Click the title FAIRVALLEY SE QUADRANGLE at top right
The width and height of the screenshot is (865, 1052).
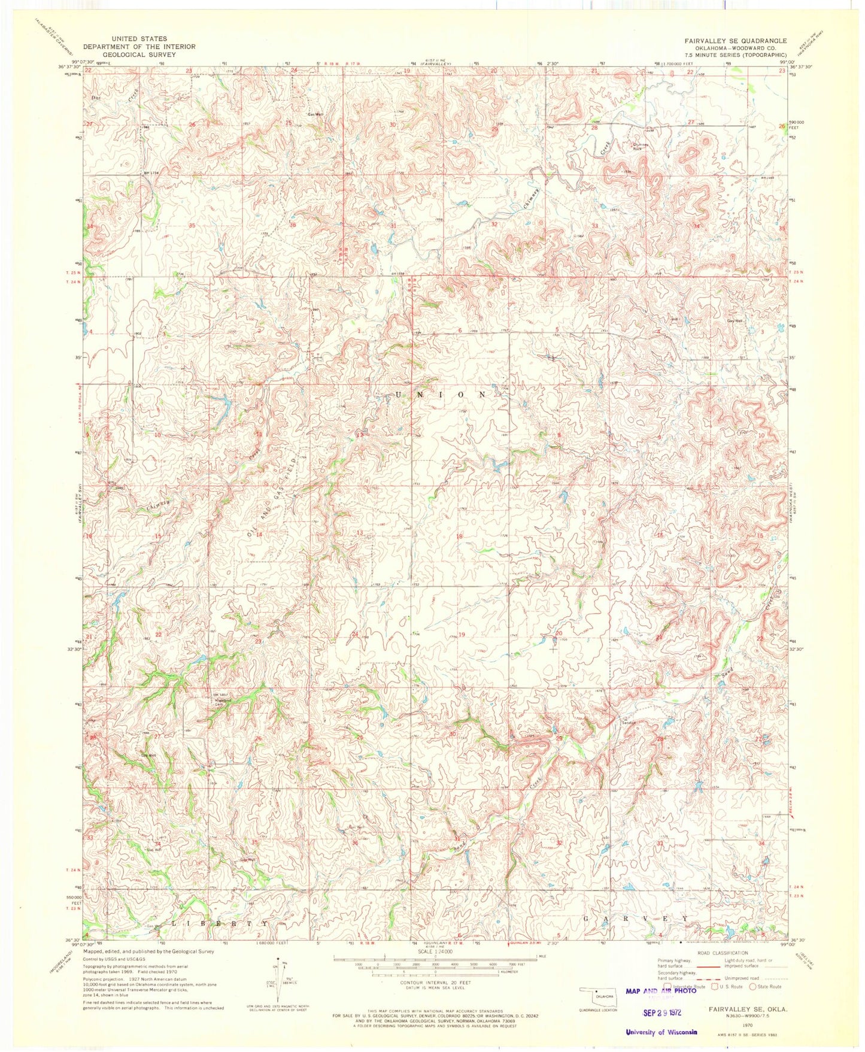click(x=736, y=41)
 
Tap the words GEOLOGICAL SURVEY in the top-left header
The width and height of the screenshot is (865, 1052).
click(x=139, y=54)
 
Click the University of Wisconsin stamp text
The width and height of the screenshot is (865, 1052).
click(x=661, y=1032)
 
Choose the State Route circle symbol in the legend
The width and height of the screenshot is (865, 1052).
click(x=752, y=986)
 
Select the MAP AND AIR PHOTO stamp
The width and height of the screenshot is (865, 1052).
click(x=661, y=991)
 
